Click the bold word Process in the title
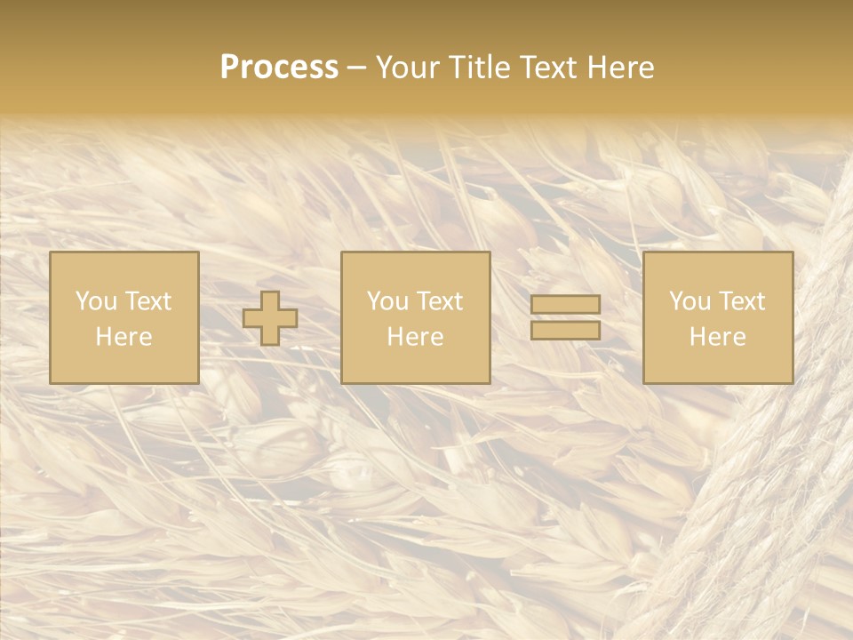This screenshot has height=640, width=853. [279, 68]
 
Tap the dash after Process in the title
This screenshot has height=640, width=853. [357, 68]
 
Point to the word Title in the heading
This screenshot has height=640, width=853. [481, 68]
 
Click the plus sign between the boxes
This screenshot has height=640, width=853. [270, 318]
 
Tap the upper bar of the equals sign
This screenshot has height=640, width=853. [565, 304]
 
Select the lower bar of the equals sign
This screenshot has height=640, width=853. [565, 331]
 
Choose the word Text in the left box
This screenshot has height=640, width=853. [147, 301]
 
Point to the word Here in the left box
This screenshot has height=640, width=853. [124, 337]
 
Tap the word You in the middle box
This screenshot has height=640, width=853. [387, 301]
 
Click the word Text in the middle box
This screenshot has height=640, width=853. [439, 301]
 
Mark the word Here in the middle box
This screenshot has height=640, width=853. [415, 337]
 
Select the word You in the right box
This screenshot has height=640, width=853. [690, 301]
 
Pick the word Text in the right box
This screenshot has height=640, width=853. [741, 301]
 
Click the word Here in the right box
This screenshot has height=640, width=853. [717, 337]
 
